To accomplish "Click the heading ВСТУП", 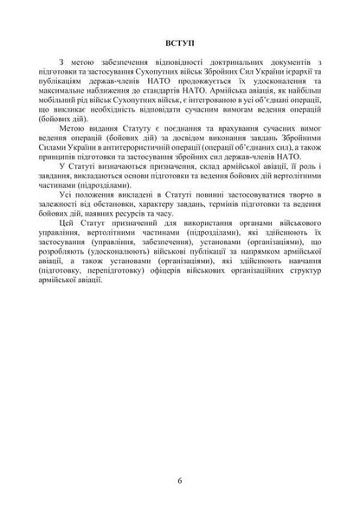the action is click(179, 42).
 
